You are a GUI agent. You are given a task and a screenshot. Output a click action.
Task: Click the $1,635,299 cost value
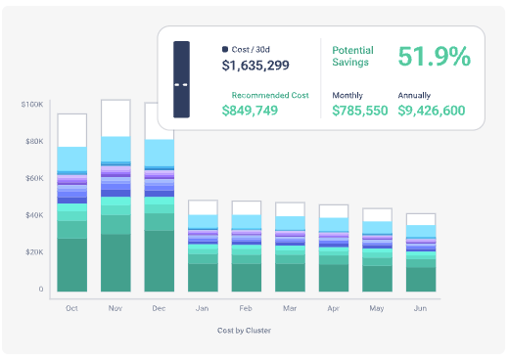pos(255,67)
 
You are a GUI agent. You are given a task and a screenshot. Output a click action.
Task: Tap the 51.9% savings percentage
pos(434,57)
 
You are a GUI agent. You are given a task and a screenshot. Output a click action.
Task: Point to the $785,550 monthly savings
pos(359,111)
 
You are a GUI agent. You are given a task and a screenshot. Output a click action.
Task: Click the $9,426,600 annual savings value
pos(432,111)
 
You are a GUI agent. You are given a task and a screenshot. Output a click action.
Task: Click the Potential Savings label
pos(352,56)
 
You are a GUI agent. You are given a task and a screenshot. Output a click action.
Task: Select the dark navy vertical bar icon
pos(181,79)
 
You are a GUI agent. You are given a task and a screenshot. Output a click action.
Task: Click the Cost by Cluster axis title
pos(244,331)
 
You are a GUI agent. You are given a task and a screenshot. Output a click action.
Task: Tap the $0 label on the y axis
pos(40,290)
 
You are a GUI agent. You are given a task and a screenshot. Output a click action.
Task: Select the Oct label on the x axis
pos(71,307)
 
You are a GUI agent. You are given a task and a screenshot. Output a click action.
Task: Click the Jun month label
pos(421,307)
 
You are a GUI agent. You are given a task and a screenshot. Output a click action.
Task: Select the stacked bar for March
pos(290,247)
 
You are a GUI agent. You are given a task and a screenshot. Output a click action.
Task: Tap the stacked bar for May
pos(377,250)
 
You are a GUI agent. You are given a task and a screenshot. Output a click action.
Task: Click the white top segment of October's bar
pos(71,129)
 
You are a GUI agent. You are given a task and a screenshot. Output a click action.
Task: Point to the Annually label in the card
pos(414,94)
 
